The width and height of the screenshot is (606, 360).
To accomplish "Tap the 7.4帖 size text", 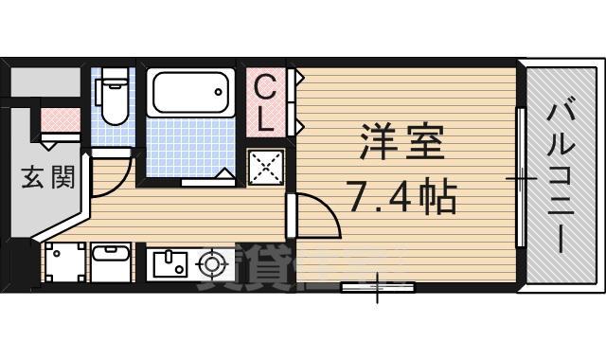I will coord(401,198).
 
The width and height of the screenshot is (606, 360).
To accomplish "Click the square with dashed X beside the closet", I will coord(266,170).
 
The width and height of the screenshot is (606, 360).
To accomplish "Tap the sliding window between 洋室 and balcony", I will coord(520,177).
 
